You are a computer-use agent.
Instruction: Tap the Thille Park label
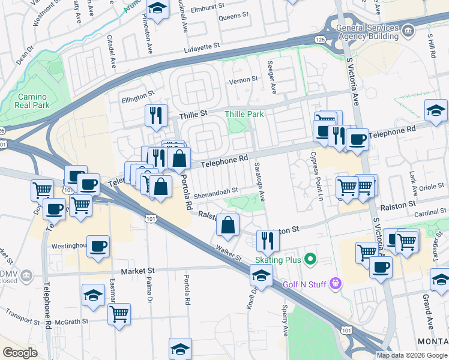click(244, 114)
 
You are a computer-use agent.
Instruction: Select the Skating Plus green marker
click(310, 260)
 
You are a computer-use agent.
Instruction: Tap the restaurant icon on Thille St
click(156, 115)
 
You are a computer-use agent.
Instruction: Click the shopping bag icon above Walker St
click(228, 226)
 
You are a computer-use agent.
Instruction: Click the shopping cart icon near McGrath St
click(119, 314)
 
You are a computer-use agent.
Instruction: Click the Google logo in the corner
click(20, 353)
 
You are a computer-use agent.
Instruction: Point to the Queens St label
click(229, 17)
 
